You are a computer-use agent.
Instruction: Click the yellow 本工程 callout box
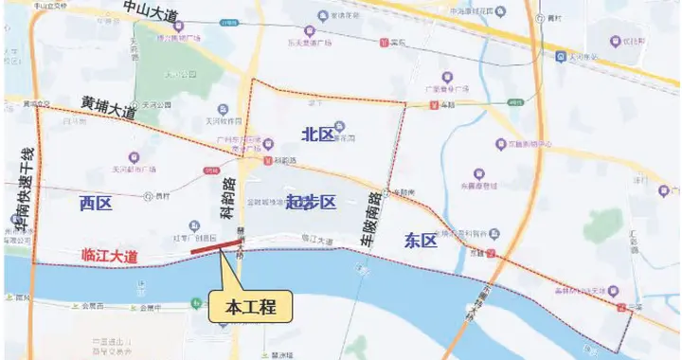[x=249, y=308]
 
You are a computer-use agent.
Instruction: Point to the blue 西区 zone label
[x=96, y=203]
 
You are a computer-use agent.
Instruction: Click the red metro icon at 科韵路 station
[x=267, y=161]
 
